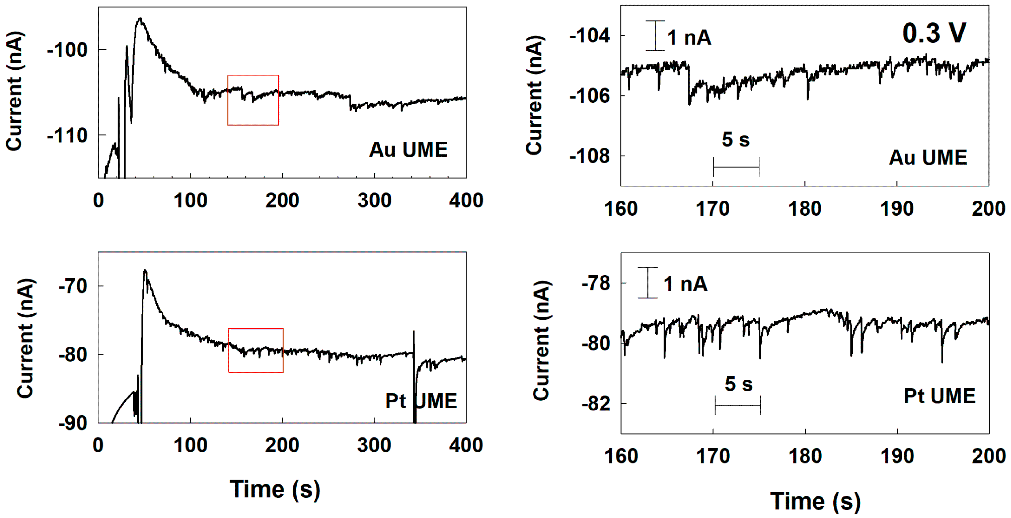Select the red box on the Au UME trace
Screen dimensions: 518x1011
point(253,100)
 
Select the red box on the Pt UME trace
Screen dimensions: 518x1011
point(256,350)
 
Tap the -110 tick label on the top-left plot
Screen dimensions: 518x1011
point(67,136)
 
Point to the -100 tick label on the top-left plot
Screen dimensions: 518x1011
point(67,50)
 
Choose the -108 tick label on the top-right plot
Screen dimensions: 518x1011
point(590,156)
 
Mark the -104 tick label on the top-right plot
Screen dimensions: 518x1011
point(590,36)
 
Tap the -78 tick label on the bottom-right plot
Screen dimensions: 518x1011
point(596,283)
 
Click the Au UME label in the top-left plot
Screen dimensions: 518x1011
point(408,150)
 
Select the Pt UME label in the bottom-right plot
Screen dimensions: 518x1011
point(940,396)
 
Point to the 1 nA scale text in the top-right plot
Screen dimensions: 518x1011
point(689,38)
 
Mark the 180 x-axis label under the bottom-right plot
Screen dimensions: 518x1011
point(805,456)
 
